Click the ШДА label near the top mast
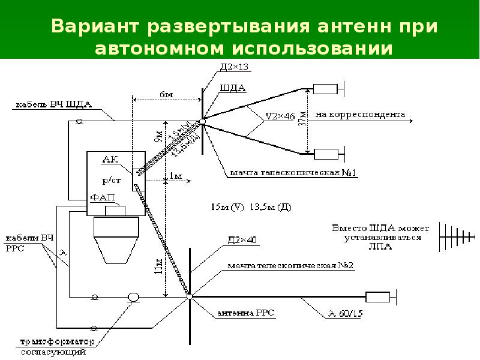click(x=233, y=88)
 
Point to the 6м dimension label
click(x=166, y=94)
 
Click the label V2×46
click(x=280, y=116)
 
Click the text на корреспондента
click(x=360, y=113)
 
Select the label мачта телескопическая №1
click(x=292, y=173)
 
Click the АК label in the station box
click(x=110, y=160)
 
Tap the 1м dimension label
click(x=175, y=175)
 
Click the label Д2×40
click(x=242, y=239)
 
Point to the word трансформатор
click(x=58, y=342)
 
